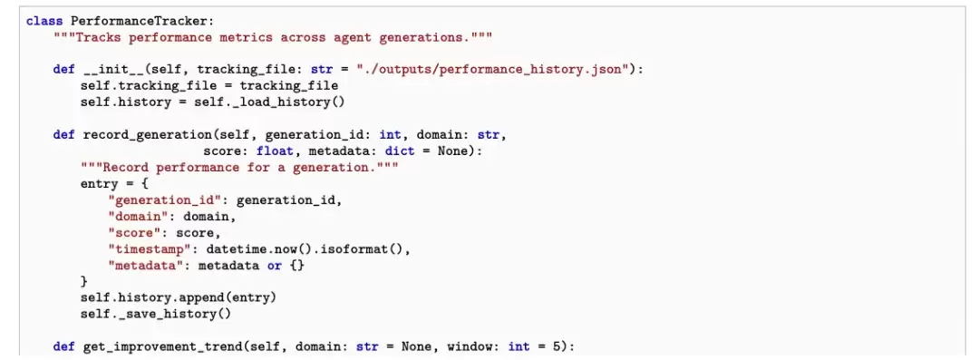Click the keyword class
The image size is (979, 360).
[44, 21]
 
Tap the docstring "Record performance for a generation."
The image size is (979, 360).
[239, 168]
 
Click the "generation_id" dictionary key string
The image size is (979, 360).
[166, 200]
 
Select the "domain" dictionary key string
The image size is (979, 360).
[135, 216]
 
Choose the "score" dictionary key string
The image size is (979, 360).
[131, 232]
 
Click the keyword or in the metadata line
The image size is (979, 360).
[275, 266]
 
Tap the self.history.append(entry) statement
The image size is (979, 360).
[178, 297]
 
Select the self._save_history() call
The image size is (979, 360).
[156, 314]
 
